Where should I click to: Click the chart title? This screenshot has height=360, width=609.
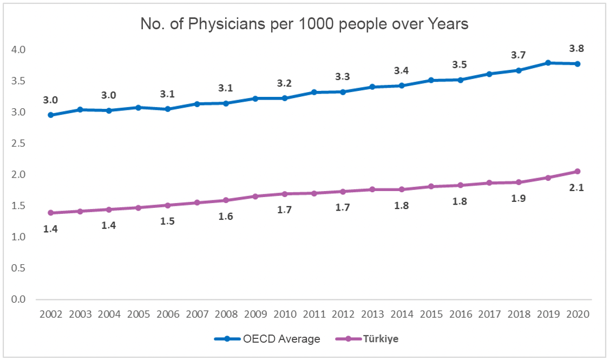pos(304,24)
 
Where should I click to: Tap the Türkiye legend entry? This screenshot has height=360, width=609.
pos(372,339)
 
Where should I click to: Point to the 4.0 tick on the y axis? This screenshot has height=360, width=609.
pos(18,50)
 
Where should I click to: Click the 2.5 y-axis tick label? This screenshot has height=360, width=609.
pos(18,143)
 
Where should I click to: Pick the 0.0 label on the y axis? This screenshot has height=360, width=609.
pos(18,299)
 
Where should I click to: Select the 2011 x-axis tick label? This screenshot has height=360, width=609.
pos(314,315)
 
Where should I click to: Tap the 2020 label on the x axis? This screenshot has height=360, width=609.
pos(577,315)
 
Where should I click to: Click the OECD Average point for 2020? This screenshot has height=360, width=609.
pos(577,64)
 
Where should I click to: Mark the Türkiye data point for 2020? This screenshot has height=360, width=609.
pos(577,172)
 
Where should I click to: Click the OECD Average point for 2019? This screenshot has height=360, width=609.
pos(548,63)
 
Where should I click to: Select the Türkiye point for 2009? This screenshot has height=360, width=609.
pos(256,196)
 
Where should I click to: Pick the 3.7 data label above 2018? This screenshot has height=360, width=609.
pos(518,55)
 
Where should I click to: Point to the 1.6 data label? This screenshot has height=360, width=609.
pos(226,217)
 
